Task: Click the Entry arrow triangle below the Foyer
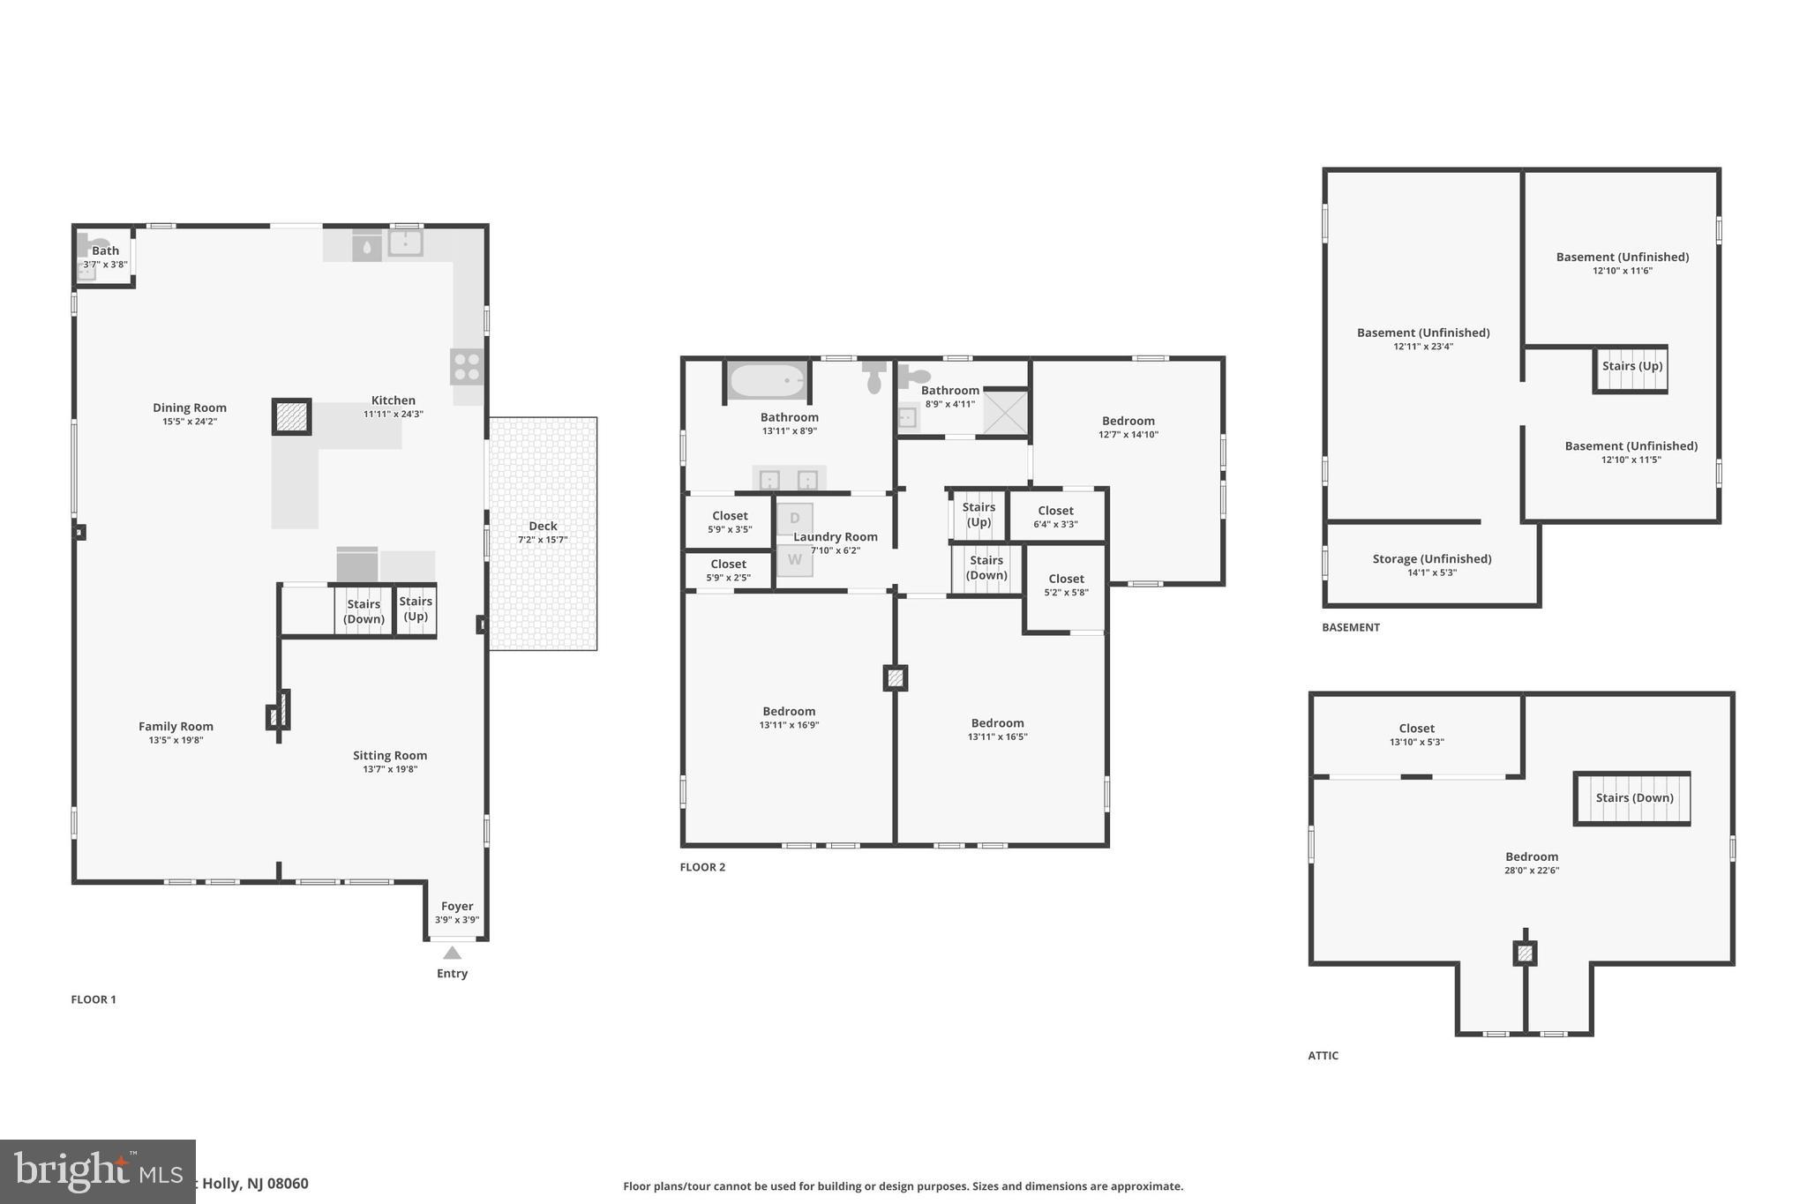pyautogui.click(x=452, y=953)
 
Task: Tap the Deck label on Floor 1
pyautogui.click(x=543, y=526)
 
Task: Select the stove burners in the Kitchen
pyautogui.click(x=467, y=366)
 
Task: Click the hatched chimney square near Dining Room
pyautogui.click(x=291, y=416)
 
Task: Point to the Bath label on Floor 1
pyautogui.click(x=105, y=251)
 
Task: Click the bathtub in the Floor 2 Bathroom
pyautogui.click(x=767, y=381)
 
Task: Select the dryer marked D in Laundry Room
pyautogui.click(x=794, y=519)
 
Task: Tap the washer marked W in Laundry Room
pyautogui.click(x=794, y=560)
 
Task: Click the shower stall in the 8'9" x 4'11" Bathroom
pyautogui.click(x=1005, y=412)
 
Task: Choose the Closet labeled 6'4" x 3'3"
pyautogui.click(x=1055, y=516)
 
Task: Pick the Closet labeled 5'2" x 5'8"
pyautogui.click(x=1066, y=585)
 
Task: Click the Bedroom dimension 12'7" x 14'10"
pyautogui.click(x=1128, y=435)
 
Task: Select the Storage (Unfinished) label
pyautogui.click(x=1431, y=559)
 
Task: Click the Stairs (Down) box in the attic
pyautogui.click(x=1632, y=799)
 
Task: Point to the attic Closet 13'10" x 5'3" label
pyautogui.click(x=1416, y=729)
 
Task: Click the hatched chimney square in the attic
pyautogui.click(x=1525, y=953)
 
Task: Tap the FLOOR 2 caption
pyautogui.click(x=702, y=867)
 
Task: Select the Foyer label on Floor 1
pyautogui.click(x=457, y=906)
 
